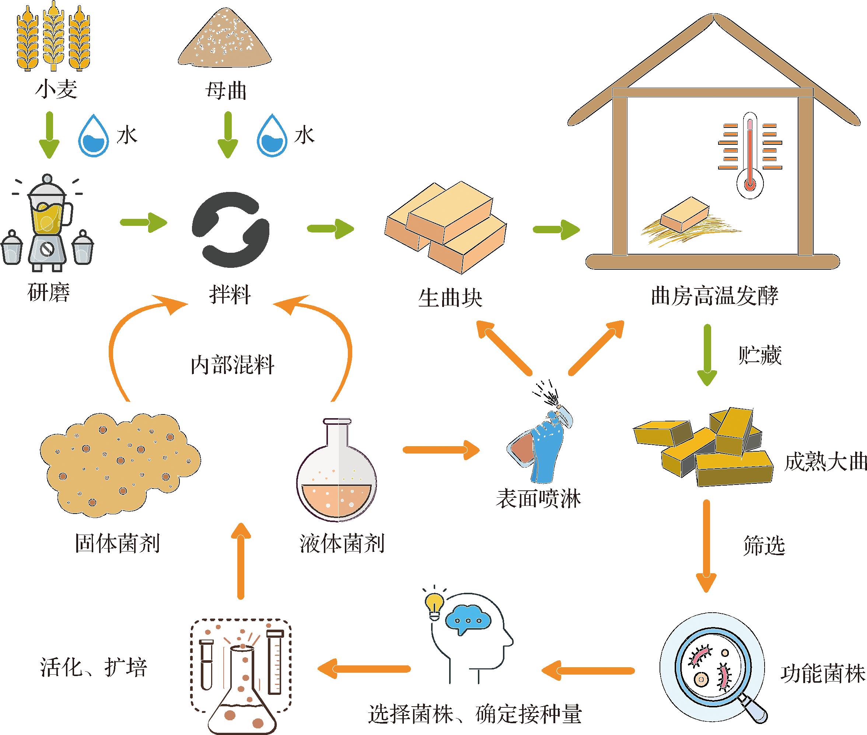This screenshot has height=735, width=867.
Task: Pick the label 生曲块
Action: [x=450, y=298]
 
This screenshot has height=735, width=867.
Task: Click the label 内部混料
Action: [x=233, y=365]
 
